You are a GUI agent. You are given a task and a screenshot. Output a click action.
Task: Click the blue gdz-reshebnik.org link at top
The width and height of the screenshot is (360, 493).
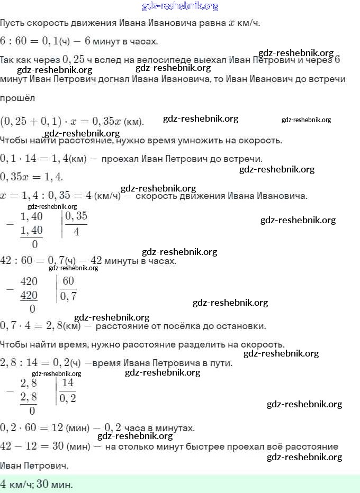tap(180, 6)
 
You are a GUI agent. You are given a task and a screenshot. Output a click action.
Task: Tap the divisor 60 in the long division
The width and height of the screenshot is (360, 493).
tap(68, 281)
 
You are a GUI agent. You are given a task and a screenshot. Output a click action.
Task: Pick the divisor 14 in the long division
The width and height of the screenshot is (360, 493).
tap(68, 383)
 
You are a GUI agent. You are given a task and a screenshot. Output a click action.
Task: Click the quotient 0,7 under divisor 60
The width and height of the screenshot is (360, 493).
tap(68, 296)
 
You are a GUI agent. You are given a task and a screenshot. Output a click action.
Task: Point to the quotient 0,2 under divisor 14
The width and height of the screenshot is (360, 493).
tap(68, 398)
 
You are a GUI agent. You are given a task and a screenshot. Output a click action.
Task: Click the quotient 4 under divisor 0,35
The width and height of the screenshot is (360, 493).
tap(76, 231)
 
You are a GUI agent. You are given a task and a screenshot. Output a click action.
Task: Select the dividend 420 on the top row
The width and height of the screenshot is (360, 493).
tap(29, 281)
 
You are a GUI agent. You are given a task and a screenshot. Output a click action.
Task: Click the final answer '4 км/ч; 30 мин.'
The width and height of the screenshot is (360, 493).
tap(37, 484)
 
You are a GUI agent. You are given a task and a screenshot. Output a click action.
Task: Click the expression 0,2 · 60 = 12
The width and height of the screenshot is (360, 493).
tap(32, 427)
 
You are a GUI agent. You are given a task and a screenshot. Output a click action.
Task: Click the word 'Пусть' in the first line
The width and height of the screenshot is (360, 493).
tap(12, 23)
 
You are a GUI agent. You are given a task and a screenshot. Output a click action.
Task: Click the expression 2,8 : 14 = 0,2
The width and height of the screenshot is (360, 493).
tap(33, 363)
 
